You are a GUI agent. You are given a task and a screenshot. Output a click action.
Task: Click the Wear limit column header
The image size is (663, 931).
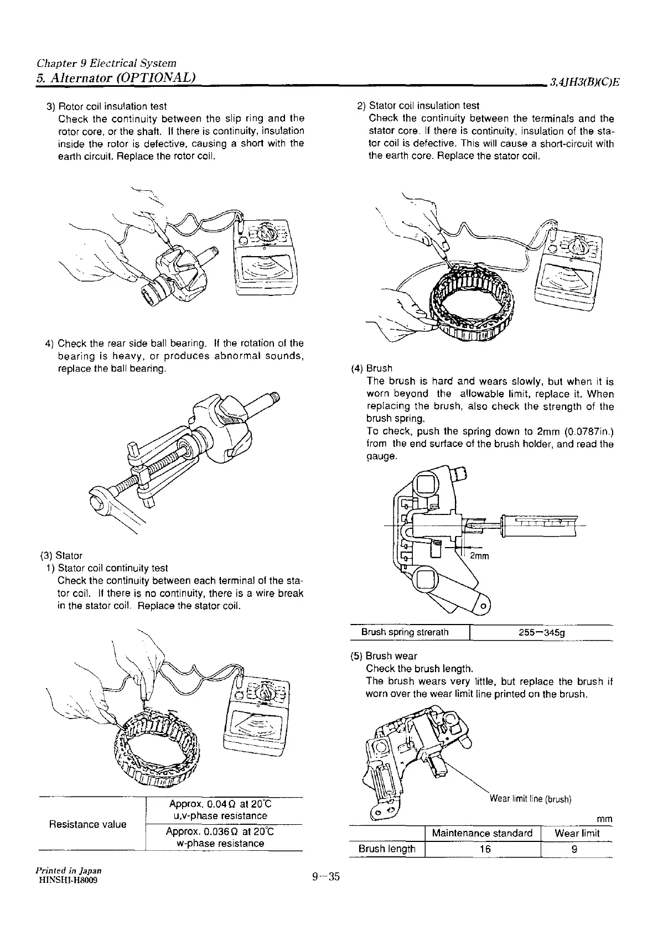click(x=577, y=833)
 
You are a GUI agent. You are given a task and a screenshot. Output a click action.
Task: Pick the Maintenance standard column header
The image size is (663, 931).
click(x=482, y=833)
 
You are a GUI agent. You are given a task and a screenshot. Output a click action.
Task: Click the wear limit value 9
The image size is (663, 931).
click(x=574, y=849)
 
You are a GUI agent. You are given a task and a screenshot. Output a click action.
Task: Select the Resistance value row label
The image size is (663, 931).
click(x=87, y=824)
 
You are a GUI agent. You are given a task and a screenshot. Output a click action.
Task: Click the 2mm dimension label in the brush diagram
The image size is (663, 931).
click(x=479, y=556)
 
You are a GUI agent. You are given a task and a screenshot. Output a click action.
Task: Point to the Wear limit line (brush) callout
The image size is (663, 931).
click(x=530, y=799)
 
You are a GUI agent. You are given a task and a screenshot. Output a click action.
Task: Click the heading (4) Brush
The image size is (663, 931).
click(x=372, y=368)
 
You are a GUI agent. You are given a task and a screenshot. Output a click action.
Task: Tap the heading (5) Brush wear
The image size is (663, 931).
click(x=384, y=656)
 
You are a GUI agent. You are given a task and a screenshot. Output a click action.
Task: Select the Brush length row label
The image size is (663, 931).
click(x=387, y=849)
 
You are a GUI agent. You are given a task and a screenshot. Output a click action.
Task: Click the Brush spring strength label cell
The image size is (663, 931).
click(x=405, y=632)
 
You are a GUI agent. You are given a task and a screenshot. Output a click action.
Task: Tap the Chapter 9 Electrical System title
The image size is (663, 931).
click(x=106, y=64)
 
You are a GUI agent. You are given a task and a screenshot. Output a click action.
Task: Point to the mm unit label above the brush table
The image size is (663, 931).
click(x=604, y=819)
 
